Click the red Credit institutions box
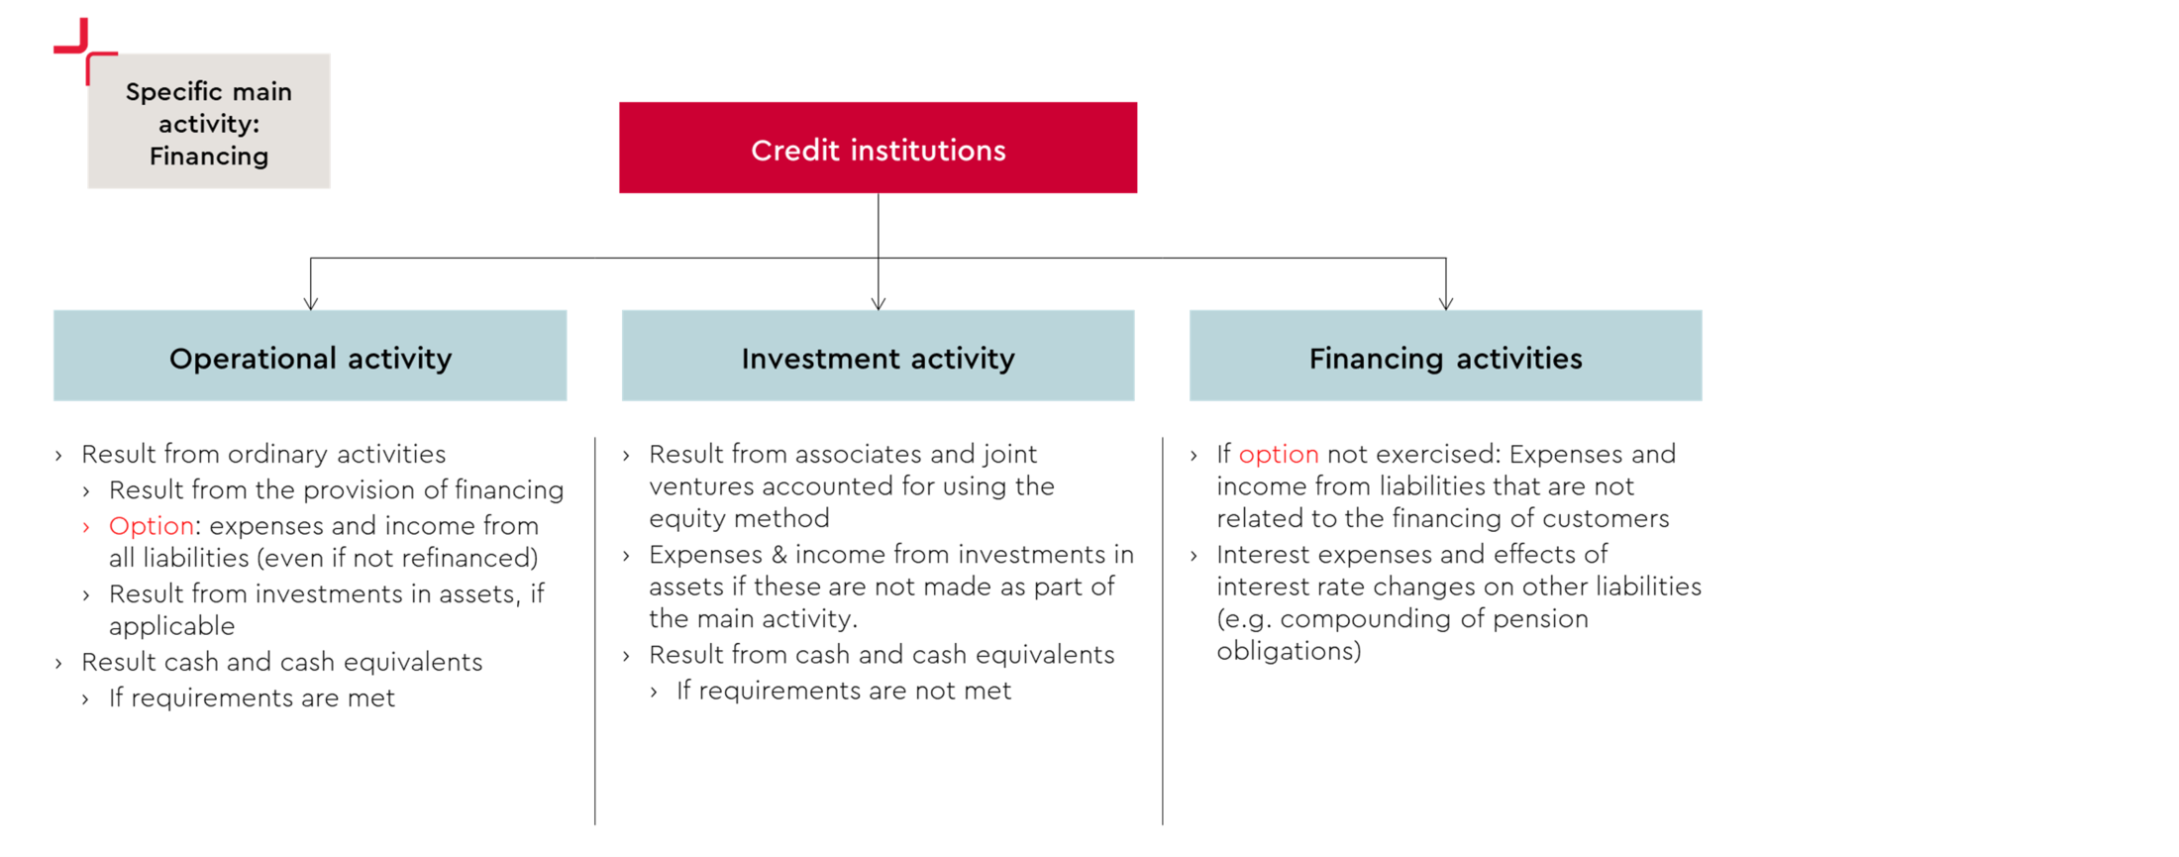(878, 148)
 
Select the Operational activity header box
(310, 356)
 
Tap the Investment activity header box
(878, 356)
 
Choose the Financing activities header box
(1445, 356)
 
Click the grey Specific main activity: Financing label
(209, 122)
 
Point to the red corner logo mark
(85, 51)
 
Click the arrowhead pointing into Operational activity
(311, 303)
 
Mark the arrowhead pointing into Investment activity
(879, 303)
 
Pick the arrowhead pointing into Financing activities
(1446, 303)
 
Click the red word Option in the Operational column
(151, 526)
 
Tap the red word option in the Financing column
(1279, 455)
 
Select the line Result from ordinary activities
(263, 454)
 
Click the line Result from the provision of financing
(336, 489)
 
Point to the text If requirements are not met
(844, 691)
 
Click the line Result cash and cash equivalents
(282, 662)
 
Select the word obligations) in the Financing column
(1290, 651)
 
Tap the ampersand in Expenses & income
(778, 555)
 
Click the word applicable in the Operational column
(171, 627)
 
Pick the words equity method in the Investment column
(739, 519)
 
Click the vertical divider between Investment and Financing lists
(1163, 631)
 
